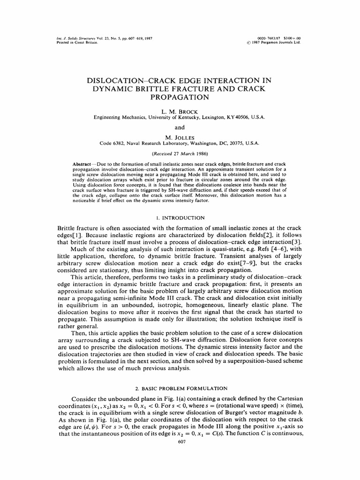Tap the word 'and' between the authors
(x=180, y=127)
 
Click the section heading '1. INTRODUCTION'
(x=180, y=217)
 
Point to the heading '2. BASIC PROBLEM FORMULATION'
(x=180, y=388)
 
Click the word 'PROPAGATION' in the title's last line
(x=180, y=98)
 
